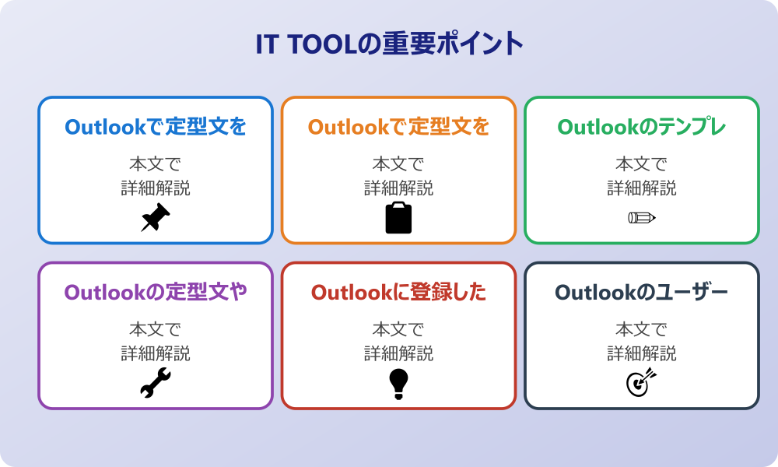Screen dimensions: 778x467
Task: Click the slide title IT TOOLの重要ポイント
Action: pos(389,44)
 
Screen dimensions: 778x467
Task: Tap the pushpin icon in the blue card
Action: pos(156,217)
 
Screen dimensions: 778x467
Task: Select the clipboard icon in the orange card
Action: pos(398,217)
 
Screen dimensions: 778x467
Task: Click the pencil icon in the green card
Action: pos(642,217)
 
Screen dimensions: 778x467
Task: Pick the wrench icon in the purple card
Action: pos(156,383)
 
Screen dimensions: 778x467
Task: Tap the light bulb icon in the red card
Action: pos(398,384)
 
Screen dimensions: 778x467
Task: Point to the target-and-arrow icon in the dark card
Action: pos(642,382)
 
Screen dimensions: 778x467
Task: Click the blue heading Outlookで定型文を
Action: pos(156,127)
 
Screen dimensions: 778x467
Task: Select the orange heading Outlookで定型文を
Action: pos(398,127)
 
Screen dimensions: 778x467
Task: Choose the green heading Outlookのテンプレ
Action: pos(642,127)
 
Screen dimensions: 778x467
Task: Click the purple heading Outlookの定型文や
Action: pos(156,293)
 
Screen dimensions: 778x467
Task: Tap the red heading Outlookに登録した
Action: pos(398,293)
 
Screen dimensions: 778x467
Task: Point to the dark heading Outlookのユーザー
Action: pos(642,293)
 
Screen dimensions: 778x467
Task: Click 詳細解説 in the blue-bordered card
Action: pos(156,188)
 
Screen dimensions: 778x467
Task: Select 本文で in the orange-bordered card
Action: pos(398,163)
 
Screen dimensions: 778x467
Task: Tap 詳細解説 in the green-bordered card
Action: pos(642,188)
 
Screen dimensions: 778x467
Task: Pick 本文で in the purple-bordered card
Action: pos(156,329)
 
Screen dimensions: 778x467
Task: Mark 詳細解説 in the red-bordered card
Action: pos(398,353)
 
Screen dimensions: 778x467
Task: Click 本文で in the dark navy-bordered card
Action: pos(642,329)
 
